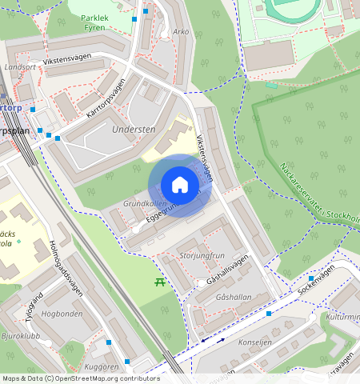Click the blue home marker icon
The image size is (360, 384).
[180, 185]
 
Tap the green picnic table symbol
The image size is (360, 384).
[159, 282]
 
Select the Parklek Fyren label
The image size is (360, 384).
[98, 21]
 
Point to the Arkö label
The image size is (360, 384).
[180, 33]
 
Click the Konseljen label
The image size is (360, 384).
[256, 340]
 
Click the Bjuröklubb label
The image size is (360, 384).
[22, 335]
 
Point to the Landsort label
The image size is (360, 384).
[20, 67]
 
